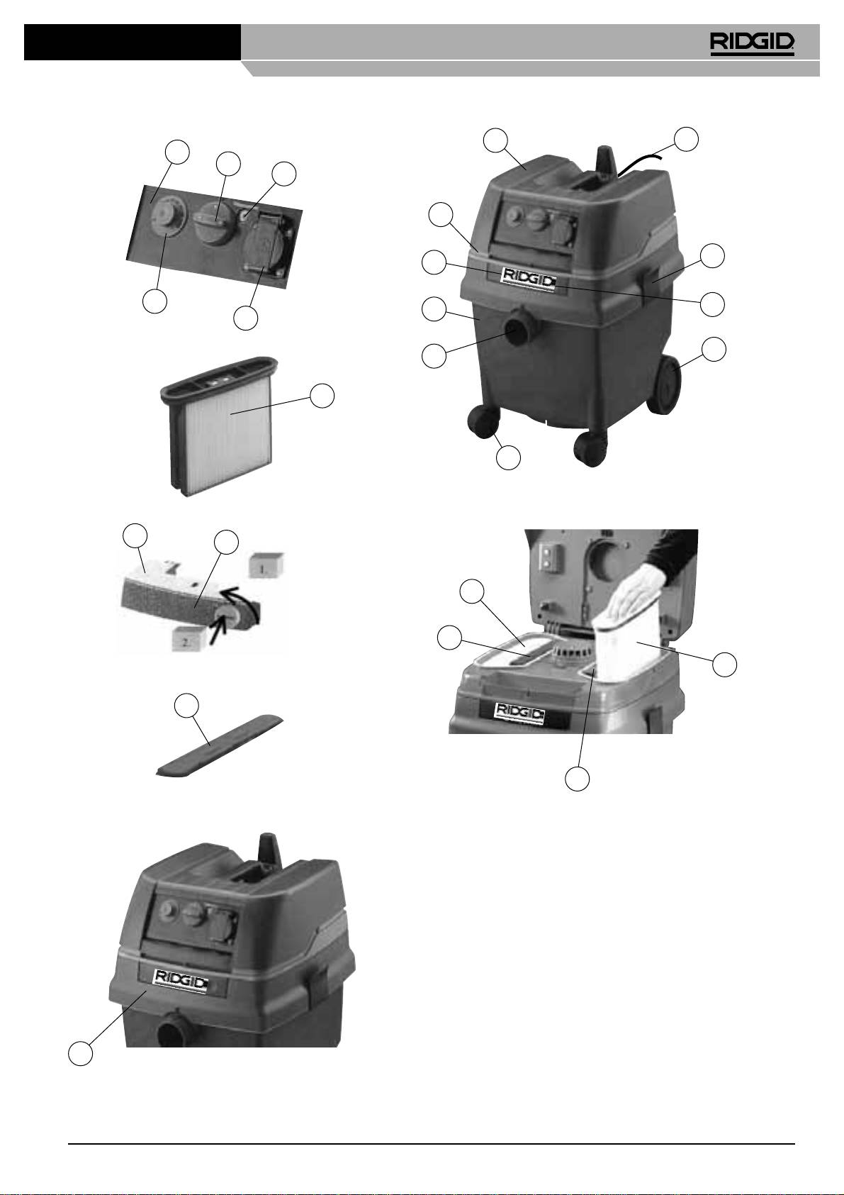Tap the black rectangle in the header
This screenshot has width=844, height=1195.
point(133,42)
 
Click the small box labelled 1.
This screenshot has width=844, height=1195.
point(266,565)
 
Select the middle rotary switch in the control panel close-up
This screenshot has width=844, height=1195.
point(214,225)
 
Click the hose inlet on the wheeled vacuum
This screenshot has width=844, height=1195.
point(518,330)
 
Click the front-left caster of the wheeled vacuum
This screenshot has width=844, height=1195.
point(484,422)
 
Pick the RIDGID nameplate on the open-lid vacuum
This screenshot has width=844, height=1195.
point(520,713)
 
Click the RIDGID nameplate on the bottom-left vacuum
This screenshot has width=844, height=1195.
point(181,982)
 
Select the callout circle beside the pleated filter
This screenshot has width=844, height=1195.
point(322,396)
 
